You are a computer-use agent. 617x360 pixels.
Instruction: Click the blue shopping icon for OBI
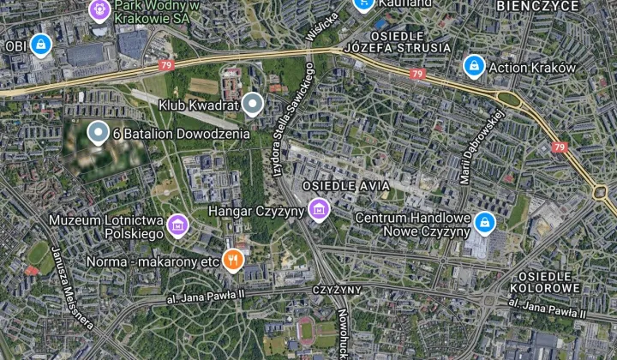[x=40, y=45]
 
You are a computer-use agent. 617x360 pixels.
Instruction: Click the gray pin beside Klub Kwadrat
[x=251, y=105]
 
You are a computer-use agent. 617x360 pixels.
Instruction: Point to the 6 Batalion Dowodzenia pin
[x=99, y=133]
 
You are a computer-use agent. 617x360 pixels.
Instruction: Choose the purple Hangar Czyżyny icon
[x=319, y=209]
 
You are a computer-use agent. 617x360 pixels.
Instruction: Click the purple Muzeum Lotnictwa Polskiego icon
[x=177, y=225]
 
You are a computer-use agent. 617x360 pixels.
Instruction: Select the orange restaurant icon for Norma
[x=231, y=260]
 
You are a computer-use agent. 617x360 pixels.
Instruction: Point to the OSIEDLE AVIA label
[x=346, y=186]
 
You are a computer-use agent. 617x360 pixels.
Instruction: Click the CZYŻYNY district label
[x=337, y=290]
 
